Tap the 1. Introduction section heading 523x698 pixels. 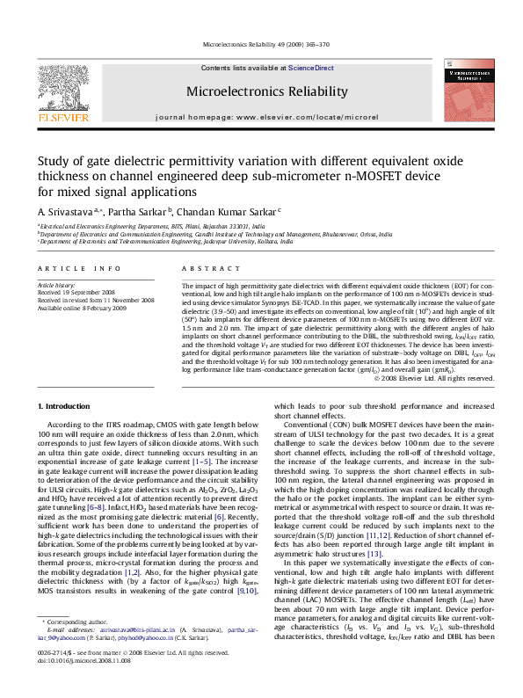tap(67, 405)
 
